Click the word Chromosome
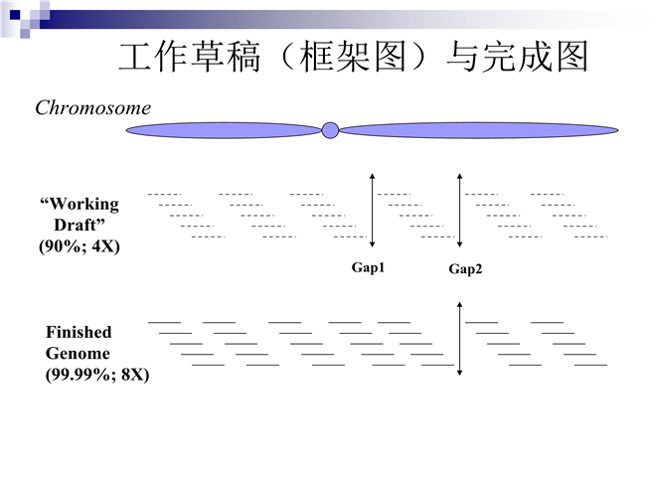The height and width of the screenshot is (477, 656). click(x=93, y=108)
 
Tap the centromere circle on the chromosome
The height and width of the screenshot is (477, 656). click(x=331, y=130)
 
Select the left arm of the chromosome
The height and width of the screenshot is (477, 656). click(x=225, y=130)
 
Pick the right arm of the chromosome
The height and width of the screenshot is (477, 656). click(x=478, y=130)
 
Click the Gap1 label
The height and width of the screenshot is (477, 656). click(x=368, y=267)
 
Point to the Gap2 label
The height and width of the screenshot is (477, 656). click(x=465, y=268)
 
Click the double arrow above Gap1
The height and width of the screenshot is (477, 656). click(x=372, y=210)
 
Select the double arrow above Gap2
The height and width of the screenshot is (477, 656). click(x=459, y=210)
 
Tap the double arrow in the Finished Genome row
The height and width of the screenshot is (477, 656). click(x=460, y=339)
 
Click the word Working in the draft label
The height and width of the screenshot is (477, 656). click(x=85, y=204)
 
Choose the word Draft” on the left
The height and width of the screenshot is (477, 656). click(x=81, y=225)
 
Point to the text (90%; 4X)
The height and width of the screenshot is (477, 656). click(x=80, y=245)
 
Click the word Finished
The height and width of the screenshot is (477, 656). click(x=79, y=332)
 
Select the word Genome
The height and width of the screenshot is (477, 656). click(x=78, y=353)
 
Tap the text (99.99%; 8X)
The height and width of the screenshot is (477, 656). click(x=97, y=375)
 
